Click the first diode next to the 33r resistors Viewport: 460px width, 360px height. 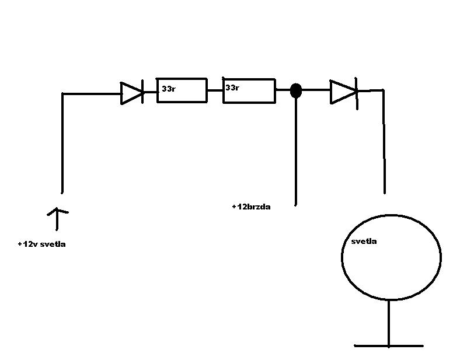point(131,93)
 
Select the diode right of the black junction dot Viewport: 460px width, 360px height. point(343,92)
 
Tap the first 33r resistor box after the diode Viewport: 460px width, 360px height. point(182,90)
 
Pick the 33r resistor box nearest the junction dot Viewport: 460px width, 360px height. point(249,90)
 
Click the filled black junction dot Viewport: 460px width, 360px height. point(296,90)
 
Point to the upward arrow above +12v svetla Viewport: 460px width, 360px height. point(57,218)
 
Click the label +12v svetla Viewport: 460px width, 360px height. point(41,244)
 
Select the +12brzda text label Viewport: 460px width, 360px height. point(251,207)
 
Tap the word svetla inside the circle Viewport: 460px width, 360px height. point(364,241)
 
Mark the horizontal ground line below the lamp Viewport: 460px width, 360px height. point(388,345)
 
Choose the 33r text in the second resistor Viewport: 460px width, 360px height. point(232,88)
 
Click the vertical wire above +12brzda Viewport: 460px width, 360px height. point(296,152)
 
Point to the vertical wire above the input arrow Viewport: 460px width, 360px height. point(62,143)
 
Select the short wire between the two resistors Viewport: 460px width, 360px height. point(215,90)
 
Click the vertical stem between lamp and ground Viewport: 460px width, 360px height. point(388,322)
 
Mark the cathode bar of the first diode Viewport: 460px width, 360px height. point(143,93)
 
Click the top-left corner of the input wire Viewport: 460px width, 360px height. point(63,93)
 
